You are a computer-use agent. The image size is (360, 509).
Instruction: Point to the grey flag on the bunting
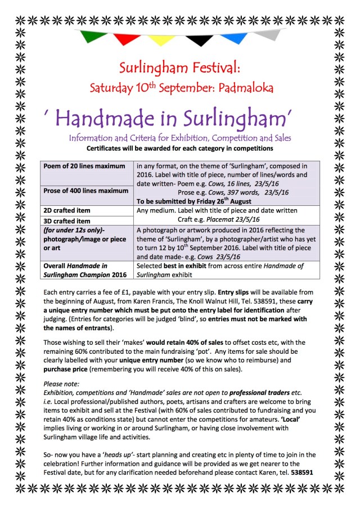click(269, 34)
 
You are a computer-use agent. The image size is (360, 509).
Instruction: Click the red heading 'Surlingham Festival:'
click(179, 69)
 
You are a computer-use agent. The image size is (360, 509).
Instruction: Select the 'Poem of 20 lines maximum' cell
click(84, 166)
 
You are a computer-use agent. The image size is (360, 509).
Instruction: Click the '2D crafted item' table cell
click(67, 210)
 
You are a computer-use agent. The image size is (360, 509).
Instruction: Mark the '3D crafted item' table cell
click(67, 220)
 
